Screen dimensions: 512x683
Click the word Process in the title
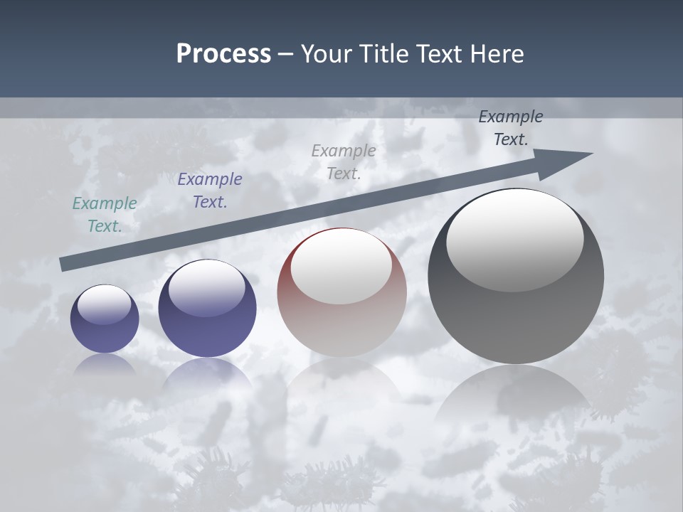coord(223,54)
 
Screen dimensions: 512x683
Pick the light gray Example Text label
coord(344,162)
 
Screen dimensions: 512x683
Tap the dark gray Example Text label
coord(511,128)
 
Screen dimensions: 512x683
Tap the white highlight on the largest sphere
coord(514,240)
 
